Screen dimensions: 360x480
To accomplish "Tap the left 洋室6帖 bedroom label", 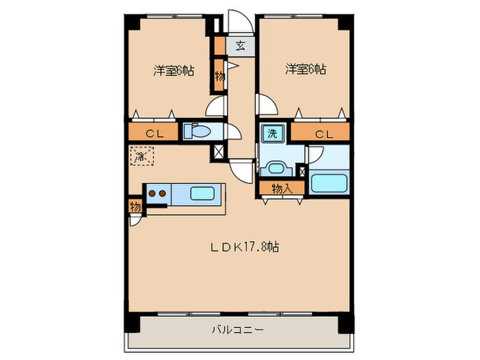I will pyautogui.click(x=173, y=70).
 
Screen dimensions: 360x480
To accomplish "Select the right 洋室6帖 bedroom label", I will pyautogui.click(x=305, y=69).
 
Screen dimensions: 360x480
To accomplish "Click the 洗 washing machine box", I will pyautogui.click(x=272, y=134).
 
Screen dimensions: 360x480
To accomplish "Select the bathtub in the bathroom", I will pyautogui.click(x=328, y=183).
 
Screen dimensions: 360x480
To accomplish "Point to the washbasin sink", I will pyautogui.click(x=276, y=167).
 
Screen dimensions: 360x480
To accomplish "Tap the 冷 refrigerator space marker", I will pyautogui.click(x=140, y=157).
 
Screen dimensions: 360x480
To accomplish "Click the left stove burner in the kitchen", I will pyautogui.click(x=152, y=193).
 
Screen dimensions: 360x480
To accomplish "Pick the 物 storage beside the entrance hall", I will pyautogui.click(x=219, y=75).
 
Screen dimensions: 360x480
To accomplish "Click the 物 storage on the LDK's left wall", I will pyautogui.click(x=135, y=206).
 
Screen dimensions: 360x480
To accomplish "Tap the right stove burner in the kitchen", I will pyautogui.click(x=163, y=193).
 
